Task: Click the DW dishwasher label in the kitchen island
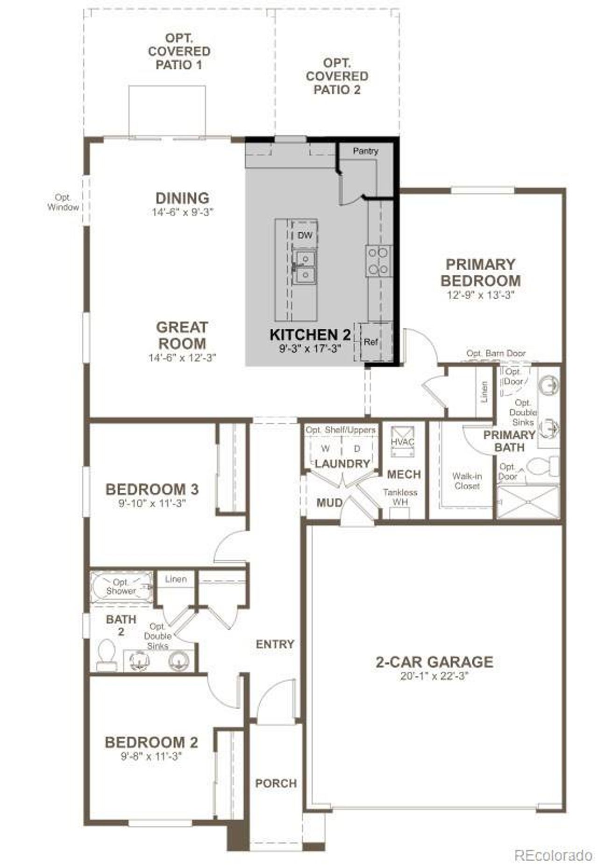tap(305, 236)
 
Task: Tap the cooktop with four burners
tap(378, 261)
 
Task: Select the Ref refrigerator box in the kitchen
tap(371, 342)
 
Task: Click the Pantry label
tap(365, 151)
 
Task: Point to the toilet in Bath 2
tap(107, 655)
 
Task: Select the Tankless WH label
tap(400, 497)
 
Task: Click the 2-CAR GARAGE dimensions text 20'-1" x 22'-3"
tap(434, 676)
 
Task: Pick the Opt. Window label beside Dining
tap(63, 202)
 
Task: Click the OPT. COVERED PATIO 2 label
tap(337, 76)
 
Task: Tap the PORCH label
tap(276, 783)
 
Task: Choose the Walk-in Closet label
tap(467, 481)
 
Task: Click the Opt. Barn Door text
tap(496, 353)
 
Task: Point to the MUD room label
tap(329, 503)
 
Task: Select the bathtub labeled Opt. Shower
tap(121, 587)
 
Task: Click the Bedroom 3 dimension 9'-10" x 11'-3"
tap(152, 504)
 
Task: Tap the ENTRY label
tap(275, 644)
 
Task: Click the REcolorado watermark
tap(553, 855)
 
